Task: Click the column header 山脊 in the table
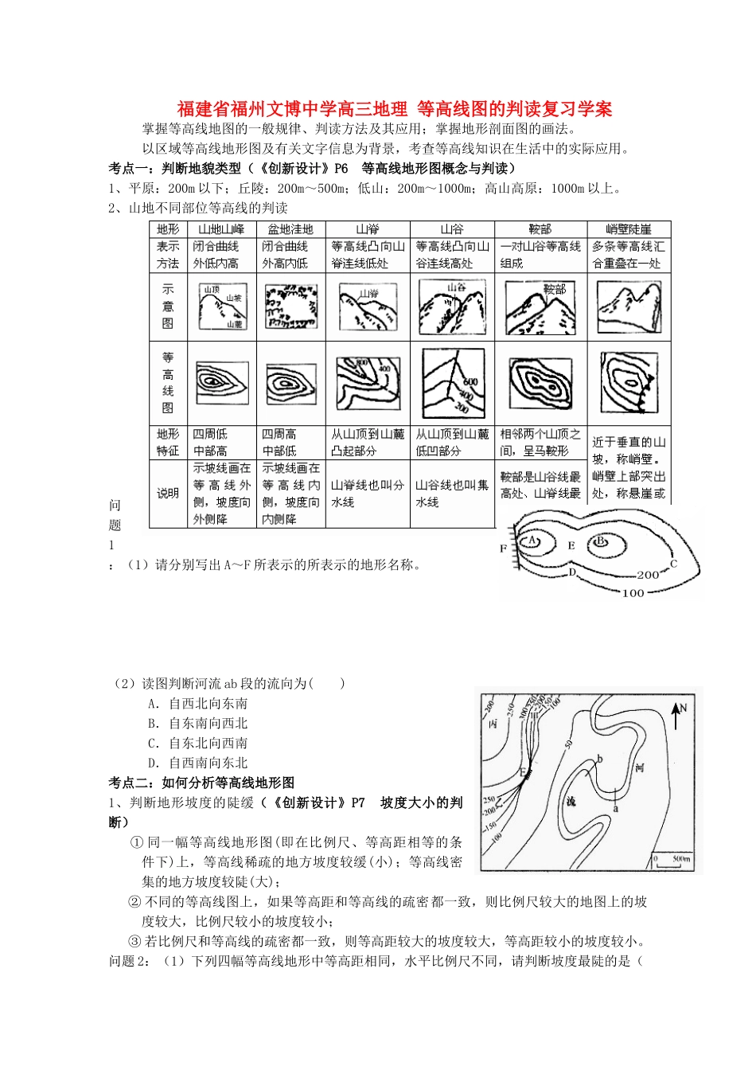(x=368, y=229)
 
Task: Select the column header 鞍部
(x=540, y=229)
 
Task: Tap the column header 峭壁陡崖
(x=629, y=229)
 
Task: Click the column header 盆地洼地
(x=290, y=229)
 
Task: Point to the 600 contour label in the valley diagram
(x=470, y=383)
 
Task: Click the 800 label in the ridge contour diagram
(x=363, y=363)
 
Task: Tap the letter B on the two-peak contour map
(x=602, y=542)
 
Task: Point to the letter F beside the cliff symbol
(x=503, y=549)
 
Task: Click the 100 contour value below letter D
(x=633, y=593)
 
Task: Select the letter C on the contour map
(x=673, y=564)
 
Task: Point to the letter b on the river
(x=600, y=760)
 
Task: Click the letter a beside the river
(x=615, y=807)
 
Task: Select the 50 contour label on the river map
(x=568, y=744)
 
